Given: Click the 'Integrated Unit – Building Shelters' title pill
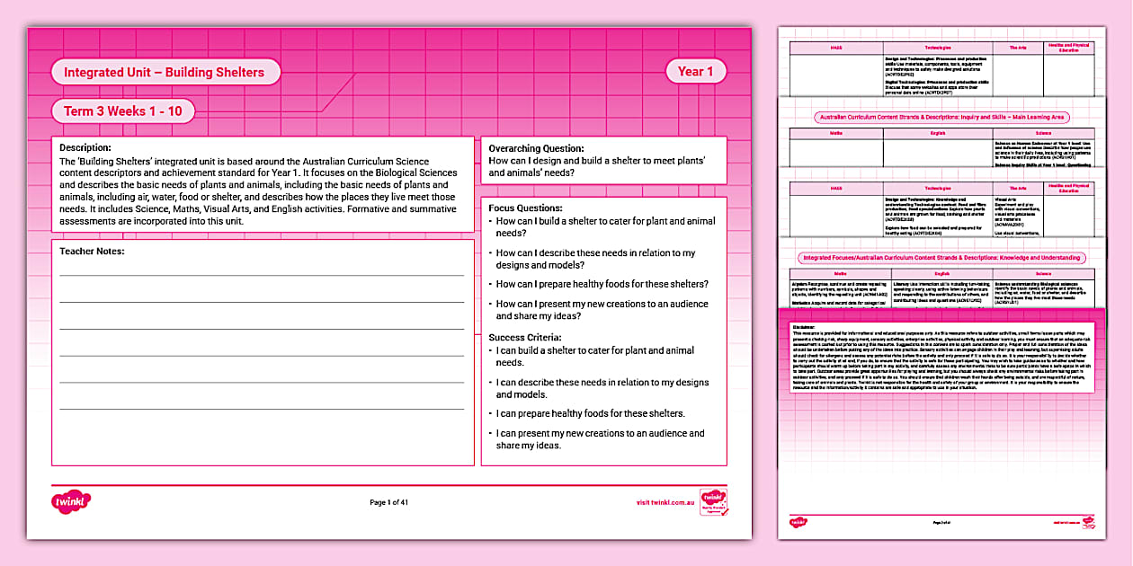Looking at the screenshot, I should tap(165, 72).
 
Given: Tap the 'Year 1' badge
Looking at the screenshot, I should tap(695, 72).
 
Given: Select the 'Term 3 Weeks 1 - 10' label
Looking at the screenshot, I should tap(123, 111).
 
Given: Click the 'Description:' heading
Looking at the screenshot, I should tap(85, 147).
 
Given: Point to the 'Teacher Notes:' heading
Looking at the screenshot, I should tap(92, 252).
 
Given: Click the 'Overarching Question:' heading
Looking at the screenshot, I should tap(536, 148).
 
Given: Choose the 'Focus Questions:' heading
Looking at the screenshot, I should tap(525, 208).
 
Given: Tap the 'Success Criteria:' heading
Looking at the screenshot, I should tap(526, 337).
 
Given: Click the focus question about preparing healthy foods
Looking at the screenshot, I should tap(602, 284).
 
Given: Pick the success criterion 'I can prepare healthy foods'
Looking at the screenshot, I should tap(590, 413).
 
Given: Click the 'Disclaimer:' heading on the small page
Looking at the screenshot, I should tap(805, 326).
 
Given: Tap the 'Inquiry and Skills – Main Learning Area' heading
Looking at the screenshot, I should tap(941, 117).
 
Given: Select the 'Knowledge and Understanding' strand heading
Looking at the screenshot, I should tap(941, 258).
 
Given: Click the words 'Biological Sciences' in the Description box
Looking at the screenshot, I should tap(415, 172).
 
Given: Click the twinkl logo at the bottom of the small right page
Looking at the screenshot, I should tap(798, 521).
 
